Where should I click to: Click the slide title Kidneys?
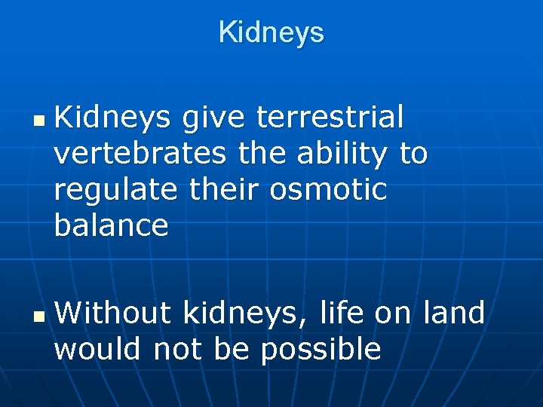point(271,32)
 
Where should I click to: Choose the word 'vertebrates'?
point(140,154)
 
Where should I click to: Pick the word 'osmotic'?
point(329,189)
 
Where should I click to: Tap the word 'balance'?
point(111,225)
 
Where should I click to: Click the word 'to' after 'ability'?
point(413,154)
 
